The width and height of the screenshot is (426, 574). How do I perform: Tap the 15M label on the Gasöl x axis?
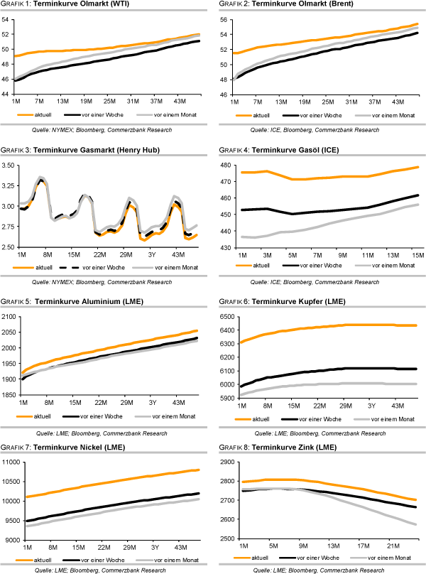coord(417,254)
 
